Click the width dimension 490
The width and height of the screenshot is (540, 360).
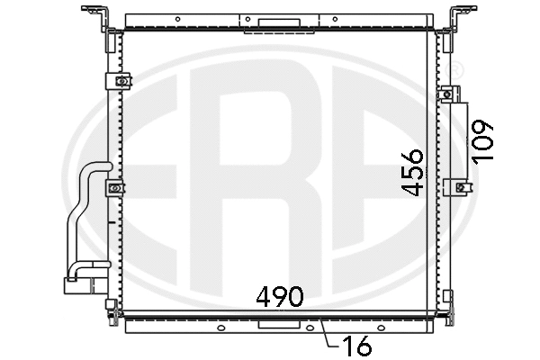(x=279, y=294)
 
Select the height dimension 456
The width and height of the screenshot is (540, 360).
(x=413, y=173)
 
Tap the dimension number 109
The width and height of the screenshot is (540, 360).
(x=484, y=139)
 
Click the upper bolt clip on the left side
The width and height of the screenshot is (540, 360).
(x=117, y=80)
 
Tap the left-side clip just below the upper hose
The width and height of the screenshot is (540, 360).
(x=116, y=188)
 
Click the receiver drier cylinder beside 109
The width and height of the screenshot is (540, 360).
(x=460, y=140)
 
